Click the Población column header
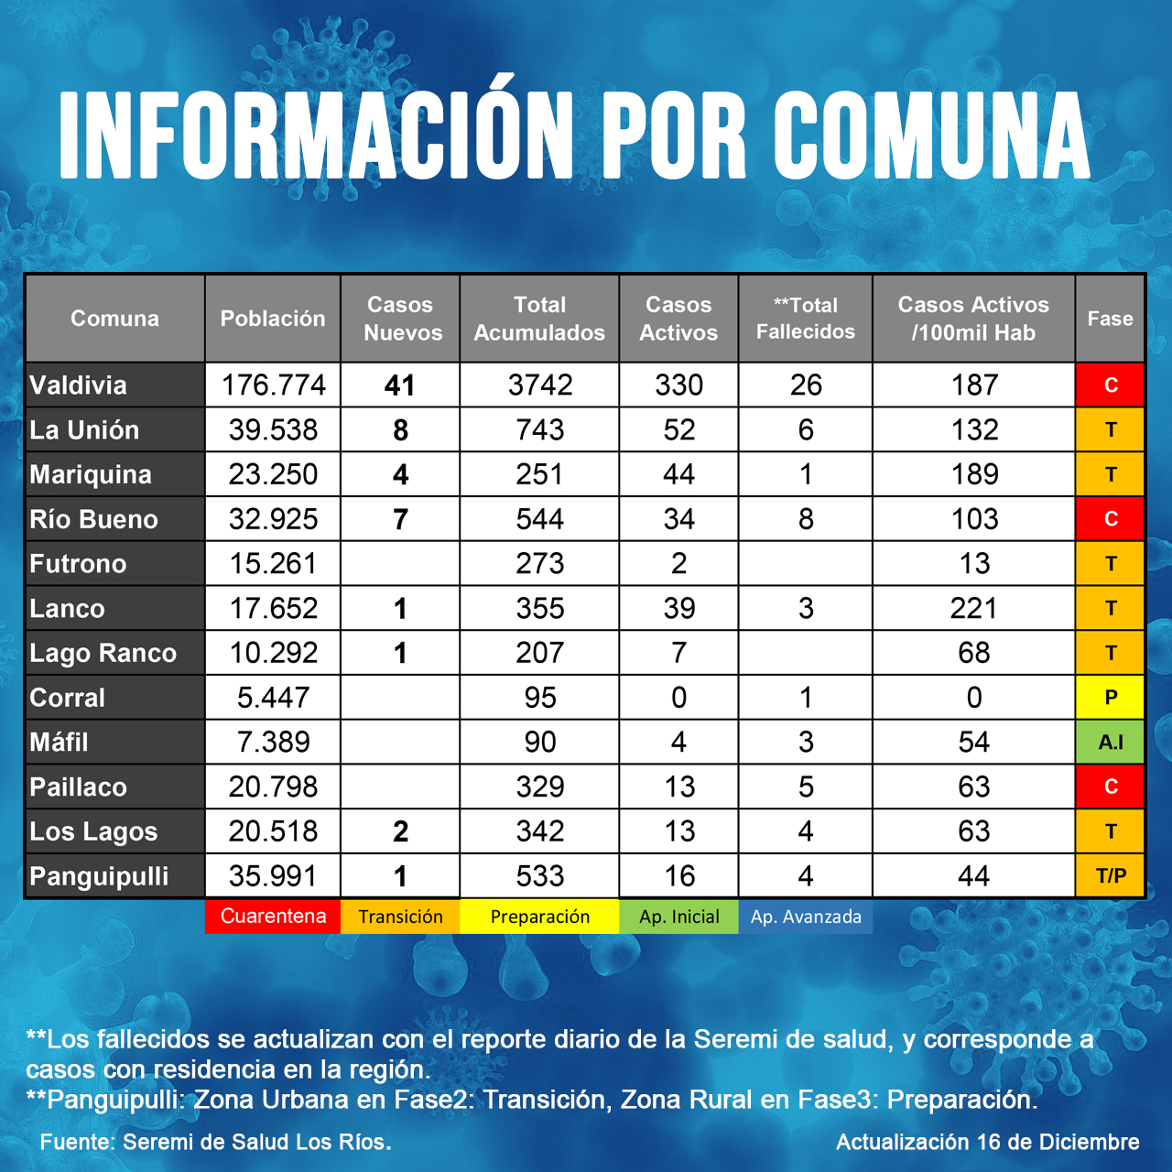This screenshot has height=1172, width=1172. (x=273, y=319)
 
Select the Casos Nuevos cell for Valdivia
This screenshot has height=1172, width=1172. (x=400, y=385)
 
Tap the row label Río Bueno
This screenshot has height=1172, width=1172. (x=94, y=519)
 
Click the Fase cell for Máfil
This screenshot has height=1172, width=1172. (x=1110, y=742)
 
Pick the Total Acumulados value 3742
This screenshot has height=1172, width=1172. (x=540, y=385)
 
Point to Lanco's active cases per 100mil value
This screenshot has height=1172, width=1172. (x=973, y=608)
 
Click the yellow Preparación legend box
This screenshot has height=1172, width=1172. (x=539, y=917)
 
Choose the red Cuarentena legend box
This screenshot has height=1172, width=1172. (x=273, y=917)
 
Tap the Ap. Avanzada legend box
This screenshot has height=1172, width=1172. (x=806, y=917)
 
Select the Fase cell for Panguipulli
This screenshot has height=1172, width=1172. (x=1110, y=876)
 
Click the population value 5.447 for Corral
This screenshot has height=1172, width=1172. (x=273, y=698)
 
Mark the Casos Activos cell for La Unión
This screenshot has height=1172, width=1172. (x=678, y=430)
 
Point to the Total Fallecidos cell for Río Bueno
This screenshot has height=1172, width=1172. (x=806, y=519)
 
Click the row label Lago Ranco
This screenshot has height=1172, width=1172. (x=103, y=653)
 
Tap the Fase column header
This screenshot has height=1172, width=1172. (x=1110, y=319)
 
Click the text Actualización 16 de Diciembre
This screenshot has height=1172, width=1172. (x=987, y=1142)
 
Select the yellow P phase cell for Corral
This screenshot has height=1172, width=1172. (x=1110, y=698)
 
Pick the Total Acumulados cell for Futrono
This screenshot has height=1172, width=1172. (x=540, y=564)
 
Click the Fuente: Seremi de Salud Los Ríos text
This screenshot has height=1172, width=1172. (x=216, y=1142)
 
